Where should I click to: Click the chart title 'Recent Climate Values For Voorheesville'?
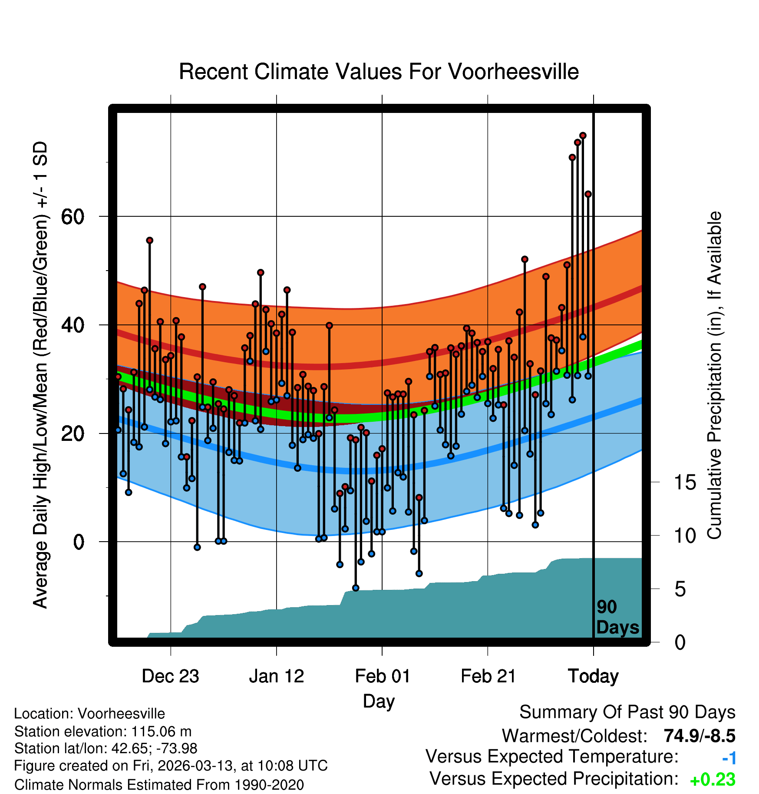[x=379, y=72]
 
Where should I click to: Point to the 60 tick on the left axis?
[x=73, y=217]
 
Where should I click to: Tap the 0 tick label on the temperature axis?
[x=79, y=542]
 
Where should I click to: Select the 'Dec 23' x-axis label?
[x=170, y=676]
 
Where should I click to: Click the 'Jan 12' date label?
[x=277, y=676]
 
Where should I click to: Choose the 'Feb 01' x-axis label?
[x=382, y=676]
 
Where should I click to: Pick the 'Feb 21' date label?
[x=488, y=676]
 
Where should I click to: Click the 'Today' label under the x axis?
[x=593, y=676]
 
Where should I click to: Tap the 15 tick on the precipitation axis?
[x=685, y=483]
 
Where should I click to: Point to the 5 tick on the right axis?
[x=680, y=589]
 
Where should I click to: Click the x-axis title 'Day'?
[x=379, y=701]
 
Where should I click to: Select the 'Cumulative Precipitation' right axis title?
[x=714, y=376]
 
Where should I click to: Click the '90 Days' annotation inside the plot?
[x=617, y=617]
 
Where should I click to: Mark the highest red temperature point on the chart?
[x=583, y=136]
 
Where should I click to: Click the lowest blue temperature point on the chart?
[x=356, y=588]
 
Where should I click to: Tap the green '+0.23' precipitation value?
[x=712, y=780]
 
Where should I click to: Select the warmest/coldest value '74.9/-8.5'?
[x=699, y=736]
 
